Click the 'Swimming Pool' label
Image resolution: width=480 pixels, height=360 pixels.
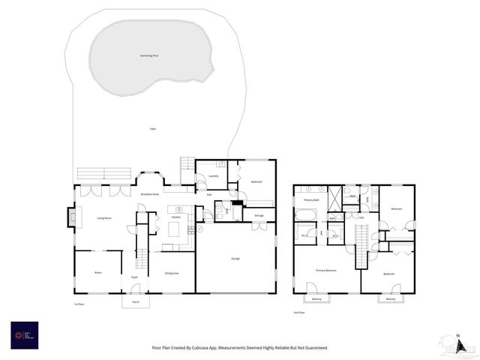[148, 55]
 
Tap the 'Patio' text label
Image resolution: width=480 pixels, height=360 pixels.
[152, 129]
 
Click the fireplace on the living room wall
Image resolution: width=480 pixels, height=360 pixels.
[72, 217]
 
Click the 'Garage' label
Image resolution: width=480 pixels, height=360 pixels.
[235, 259]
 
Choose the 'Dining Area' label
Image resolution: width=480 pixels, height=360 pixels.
[171, 273]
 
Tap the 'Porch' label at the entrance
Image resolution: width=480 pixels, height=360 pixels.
[136, 301]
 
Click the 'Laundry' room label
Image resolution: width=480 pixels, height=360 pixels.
[212, 177]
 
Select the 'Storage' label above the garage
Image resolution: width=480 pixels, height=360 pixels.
[259, 215]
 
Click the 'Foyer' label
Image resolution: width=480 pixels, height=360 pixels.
[134, 277]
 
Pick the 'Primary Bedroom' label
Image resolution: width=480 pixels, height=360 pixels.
[325, 270]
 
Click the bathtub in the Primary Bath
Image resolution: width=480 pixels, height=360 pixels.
[306, 216]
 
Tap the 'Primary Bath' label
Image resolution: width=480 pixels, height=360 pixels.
[311, 200]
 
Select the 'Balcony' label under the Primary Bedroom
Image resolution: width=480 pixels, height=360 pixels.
[316, 299]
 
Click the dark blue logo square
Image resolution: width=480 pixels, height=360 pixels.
[24, 334]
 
